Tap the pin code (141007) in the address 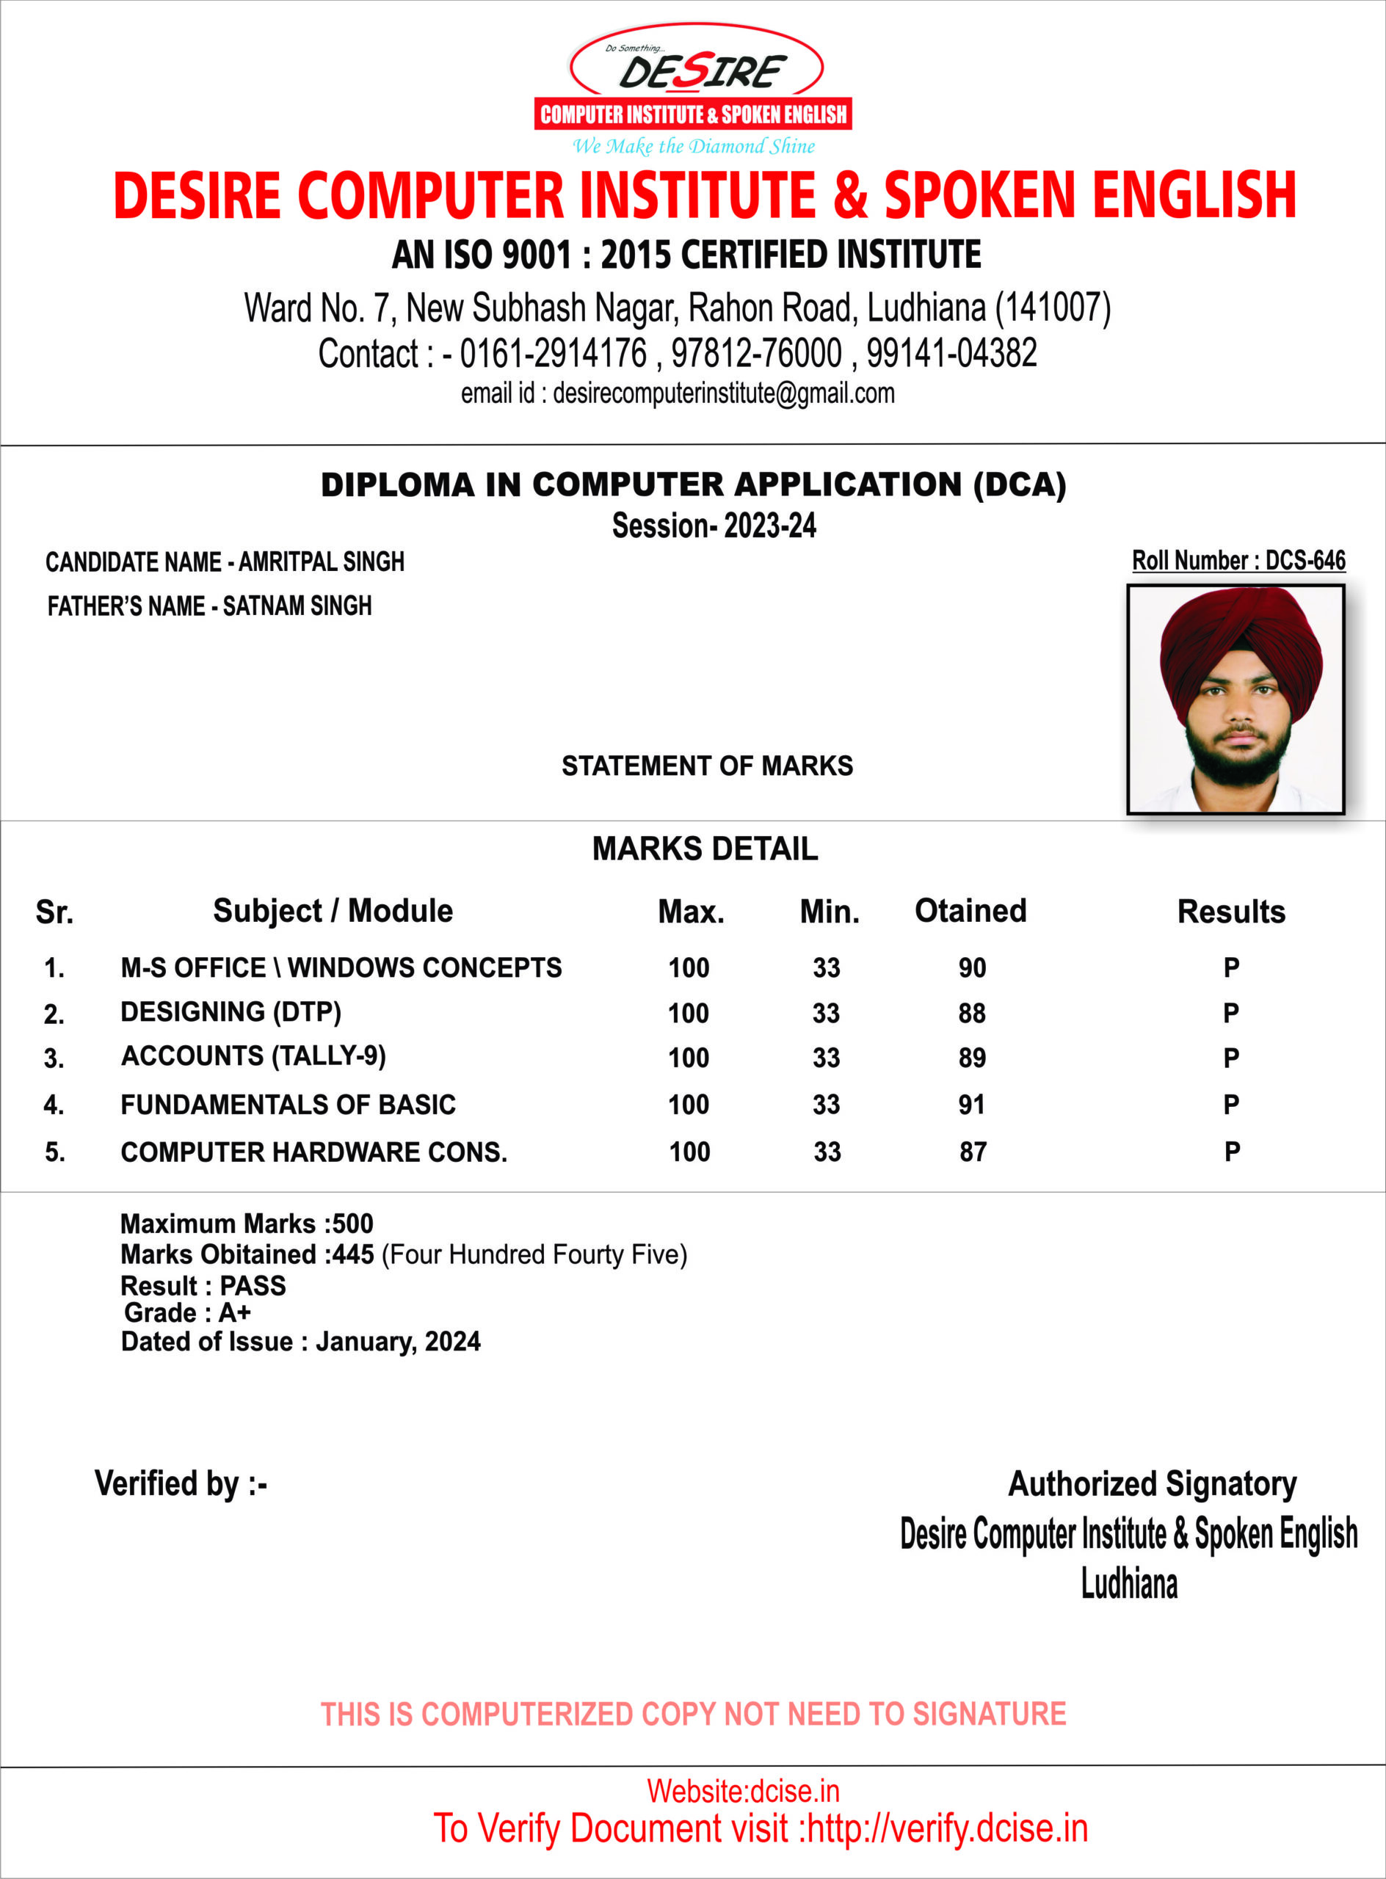click(1052, 308)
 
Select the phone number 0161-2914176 click(553, 353)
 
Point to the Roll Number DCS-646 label click(1238, 560)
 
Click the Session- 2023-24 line click(714, 526)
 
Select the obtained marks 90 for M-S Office click(973, 968)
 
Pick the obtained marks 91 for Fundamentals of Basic click(971, 1105)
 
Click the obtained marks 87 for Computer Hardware click(973, 1152)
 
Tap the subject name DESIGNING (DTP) click(231, 1012)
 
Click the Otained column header click(970, 911)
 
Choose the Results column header click(1231, 912)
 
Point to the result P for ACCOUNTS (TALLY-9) click(1231, 1058)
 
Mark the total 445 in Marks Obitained click(352, 1255)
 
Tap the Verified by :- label click(181, 1484)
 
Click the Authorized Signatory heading click(1152, 1484)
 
